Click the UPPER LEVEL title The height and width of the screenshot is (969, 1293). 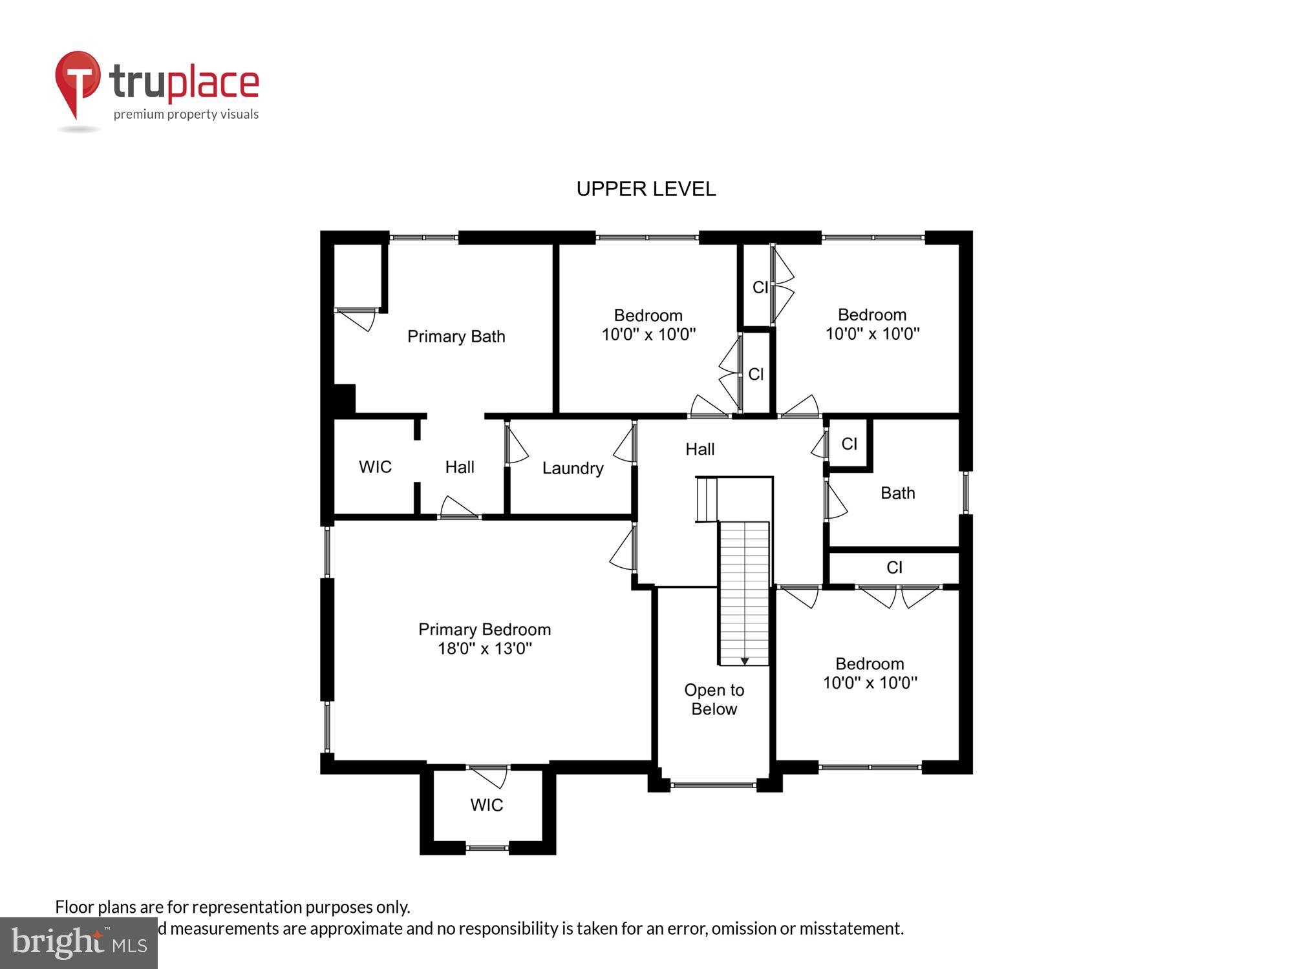(x=646, y=189)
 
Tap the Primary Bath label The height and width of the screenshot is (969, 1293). (x=456, y=337)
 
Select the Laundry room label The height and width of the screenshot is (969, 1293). (x=573, y=468)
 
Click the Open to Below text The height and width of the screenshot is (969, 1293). (x=714, y=700)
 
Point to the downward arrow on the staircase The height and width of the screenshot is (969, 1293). (x=745, y=662)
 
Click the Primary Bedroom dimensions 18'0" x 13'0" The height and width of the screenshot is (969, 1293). (x=485, y=649)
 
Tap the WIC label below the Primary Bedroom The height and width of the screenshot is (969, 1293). (x=486, y=805)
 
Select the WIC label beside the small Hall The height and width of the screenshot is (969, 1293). (x=375, y=467)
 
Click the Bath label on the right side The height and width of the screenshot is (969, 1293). (x=897, y=494)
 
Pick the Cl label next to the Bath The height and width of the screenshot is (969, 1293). (x=849, y=444)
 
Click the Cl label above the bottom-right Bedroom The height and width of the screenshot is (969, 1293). (x=894, y=568)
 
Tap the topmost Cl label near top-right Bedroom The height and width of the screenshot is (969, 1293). (x=760, y=287)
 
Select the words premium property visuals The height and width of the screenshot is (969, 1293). (x=186, y=115)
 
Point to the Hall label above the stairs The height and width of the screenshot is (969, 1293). (x=700, y=450)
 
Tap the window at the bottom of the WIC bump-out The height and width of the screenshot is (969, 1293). (x=487, y=848)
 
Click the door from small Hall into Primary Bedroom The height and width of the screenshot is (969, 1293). (x=460, y=508)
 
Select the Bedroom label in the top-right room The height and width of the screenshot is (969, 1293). (x=871, y=315)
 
